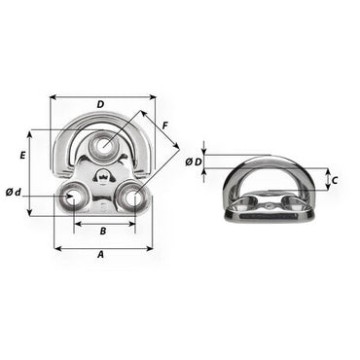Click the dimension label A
[x=101, y=255]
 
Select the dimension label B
[x=103, y=231]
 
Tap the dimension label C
[x=335, y=180]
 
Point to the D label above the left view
[x=101, y=104]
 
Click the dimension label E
[x=22, y=156]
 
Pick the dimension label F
[x=165, y=126]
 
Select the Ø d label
[x=13, y=193]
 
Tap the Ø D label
[x=194, y=162]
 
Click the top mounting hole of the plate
[x=104, y=145]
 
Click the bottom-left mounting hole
[x=72, y=198]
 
